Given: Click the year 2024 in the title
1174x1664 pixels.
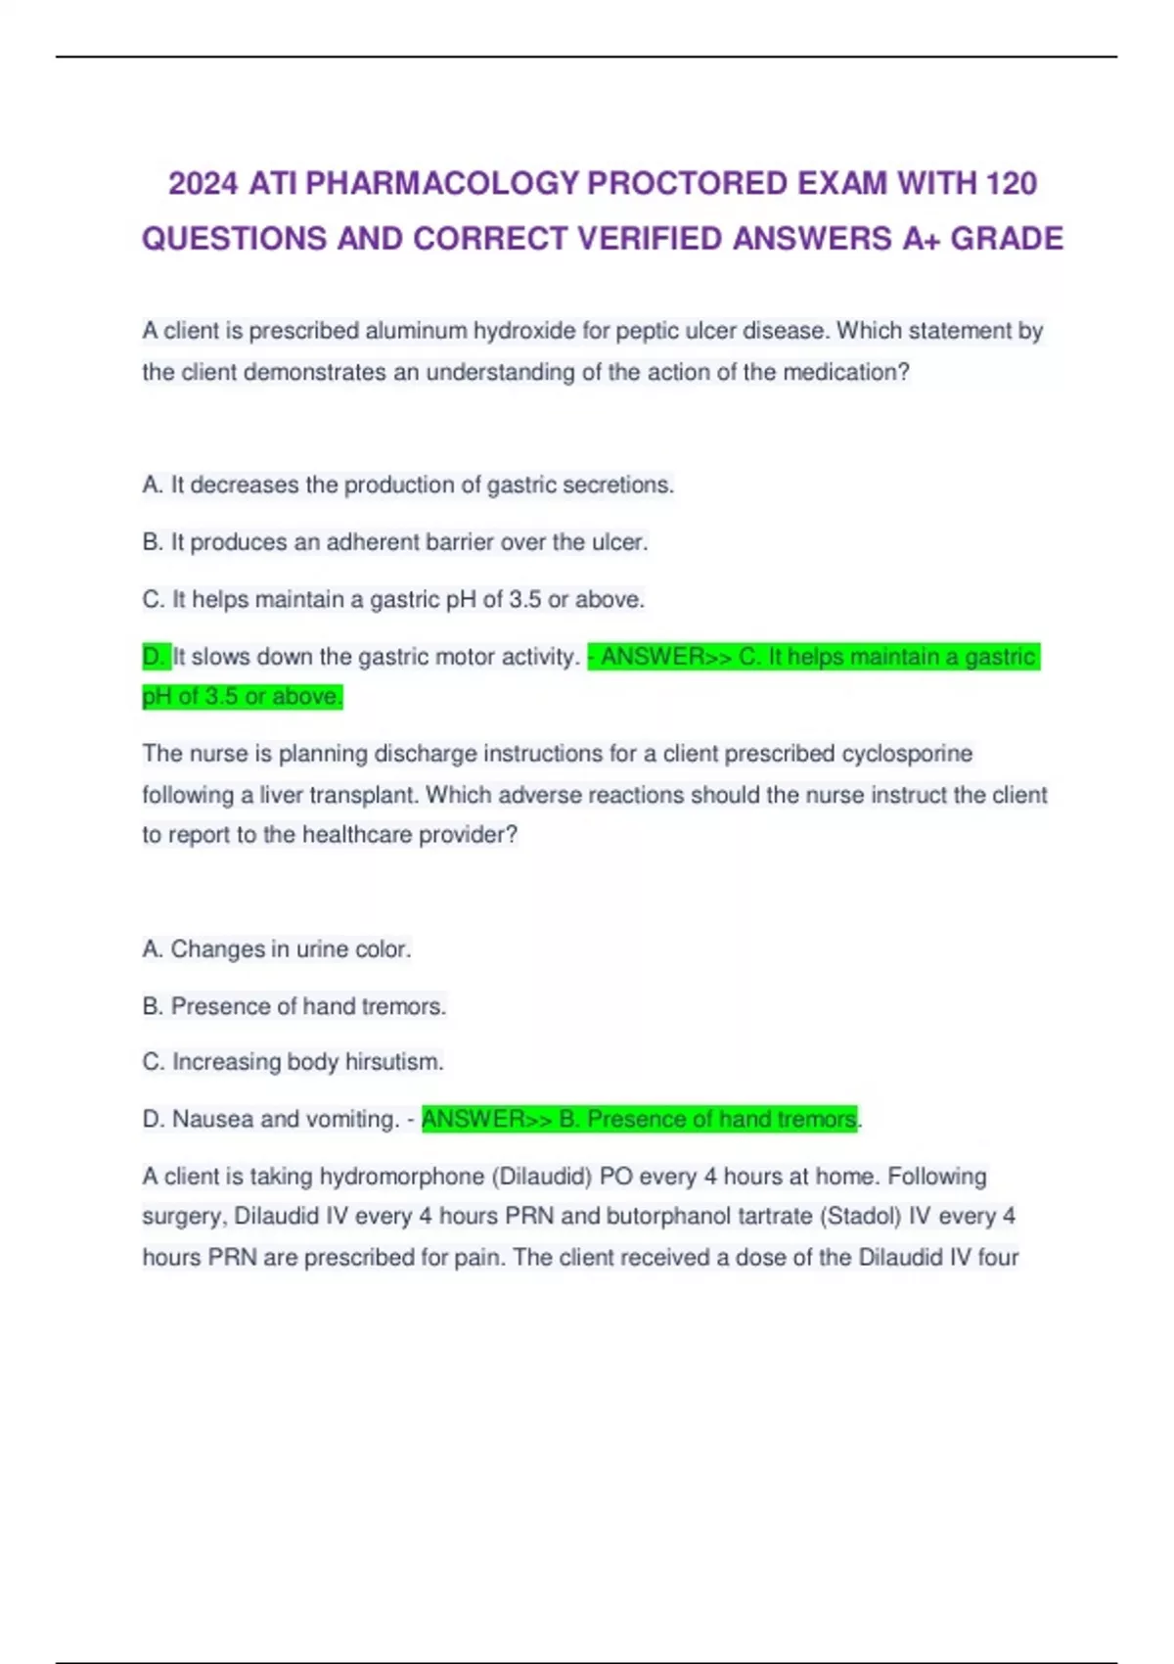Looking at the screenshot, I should [x=203, y=183].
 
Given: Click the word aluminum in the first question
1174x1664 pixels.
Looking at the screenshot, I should [x=416, y=331].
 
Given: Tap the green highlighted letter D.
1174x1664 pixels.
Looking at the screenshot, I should [x=155, y=657].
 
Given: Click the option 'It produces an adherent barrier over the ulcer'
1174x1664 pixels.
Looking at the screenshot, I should [x=395, y=542].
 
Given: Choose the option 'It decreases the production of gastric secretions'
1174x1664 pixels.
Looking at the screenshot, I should [x=408, y=485].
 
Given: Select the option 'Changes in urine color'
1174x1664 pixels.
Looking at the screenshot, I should [x=277, y=949].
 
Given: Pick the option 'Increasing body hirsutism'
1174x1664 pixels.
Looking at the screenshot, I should [x=293, y=1062].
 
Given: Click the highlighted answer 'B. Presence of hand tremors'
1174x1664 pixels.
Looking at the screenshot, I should [x=640, y=1119].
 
